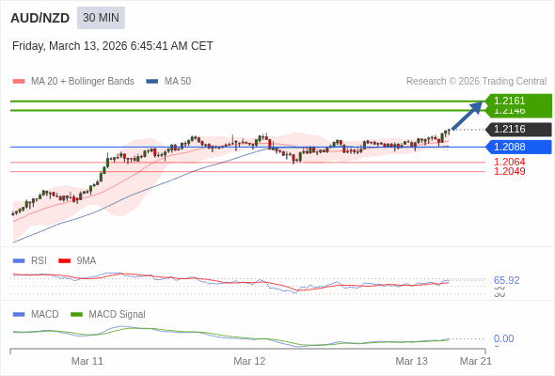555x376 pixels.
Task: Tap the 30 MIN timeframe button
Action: pyautogui.click(x=101, y=18)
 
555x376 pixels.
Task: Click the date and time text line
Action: pyautogui.click(x=113, y=46)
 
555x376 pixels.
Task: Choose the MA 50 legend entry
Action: pyautogui.click(x=177, y=82)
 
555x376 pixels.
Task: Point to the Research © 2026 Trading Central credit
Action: pyautogui.click(x=476, y=82)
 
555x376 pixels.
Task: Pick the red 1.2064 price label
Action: pyautogui.click(x=509, y=162)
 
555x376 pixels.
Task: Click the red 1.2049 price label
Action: pyautogui.click(x=509, y=171)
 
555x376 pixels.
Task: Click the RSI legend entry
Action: pyautogui.click(x=38, y=260)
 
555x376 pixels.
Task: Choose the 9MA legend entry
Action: pyautogui.click(x=86, y=260)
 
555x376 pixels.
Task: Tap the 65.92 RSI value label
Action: pyautogui.click(x=506, y=280)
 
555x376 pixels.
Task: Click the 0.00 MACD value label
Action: pyautogui.click(x=503, y=338)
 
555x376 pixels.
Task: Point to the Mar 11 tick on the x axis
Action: pyautogui.click(x=87, y=361)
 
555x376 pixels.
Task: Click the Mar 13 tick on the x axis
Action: pyautogui.click(x=411, y=361)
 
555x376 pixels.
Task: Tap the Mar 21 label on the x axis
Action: pyautogui.click(x=475, y=361)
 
